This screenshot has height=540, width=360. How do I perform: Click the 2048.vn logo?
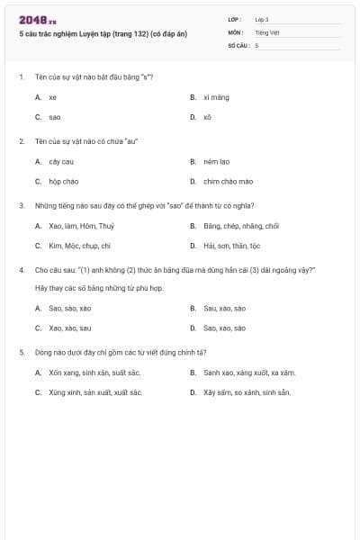(x=37, y=20)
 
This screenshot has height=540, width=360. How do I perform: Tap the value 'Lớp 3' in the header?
(x=262, y=19)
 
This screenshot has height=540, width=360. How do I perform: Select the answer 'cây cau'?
(x=61, y=162)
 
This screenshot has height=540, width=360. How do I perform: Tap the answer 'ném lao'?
(x=216, y=162)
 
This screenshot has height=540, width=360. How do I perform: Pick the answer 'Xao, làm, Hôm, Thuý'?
(x=76, y=226)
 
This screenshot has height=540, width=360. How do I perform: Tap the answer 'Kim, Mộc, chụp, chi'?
(x=79, y=245)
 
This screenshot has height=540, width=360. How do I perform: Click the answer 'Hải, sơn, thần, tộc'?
(x=231, y=245)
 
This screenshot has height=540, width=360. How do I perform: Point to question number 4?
(x=21, y=269)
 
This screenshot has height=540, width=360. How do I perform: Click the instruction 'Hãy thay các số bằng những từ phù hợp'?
(x=99, y=287)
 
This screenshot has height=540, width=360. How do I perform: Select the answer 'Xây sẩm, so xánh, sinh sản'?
(x=247, y=392)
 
